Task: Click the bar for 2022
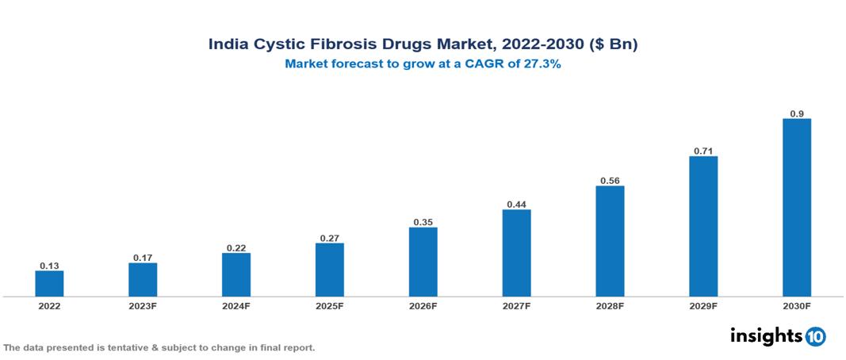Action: [49, 283]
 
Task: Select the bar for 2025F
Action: [330, 270]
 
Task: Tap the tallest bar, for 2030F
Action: [797, 208]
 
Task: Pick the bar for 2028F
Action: [610, 241]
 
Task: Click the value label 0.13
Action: [49, 265]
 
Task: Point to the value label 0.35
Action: [423, 222]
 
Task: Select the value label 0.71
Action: [703, 150]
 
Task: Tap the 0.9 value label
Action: [797, 113]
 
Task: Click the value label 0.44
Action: [517, 204]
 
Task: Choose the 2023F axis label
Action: [143, 306]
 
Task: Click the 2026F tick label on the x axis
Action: [423, 306]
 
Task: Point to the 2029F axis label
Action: [703, 306]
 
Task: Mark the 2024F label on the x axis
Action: [236, 306]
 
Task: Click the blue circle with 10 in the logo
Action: [816, 336]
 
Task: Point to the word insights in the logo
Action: [766, 335]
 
